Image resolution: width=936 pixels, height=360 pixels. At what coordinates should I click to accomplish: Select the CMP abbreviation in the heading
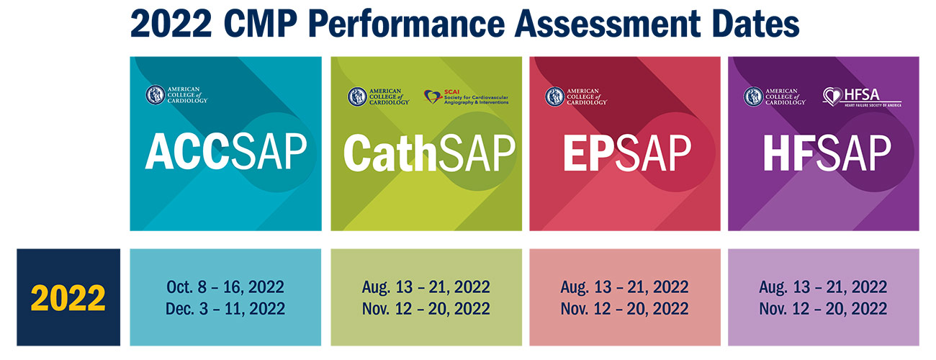click(261, 24)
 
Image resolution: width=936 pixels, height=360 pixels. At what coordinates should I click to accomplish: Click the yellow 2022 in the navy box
click(68, 298)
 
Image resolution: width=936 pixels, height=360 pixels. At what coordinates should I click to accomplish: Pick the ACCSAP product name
click(226, 152)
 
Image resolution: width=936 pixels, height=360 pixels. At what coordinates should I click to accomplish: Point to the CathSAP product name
click(429, 153)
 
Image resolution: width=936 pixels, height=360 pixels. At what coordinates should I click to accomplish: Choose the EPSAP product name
click(627, 153)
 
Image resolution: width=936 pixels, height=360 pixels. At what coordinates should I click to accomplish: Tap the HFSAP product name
click(827, 153)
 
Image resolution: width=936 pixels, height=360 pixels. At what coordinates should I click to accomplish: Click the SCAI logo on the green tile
click(466, 97)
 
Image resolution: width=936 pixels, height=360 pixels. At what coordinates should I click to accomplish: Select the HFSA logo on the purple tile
click(862, 97)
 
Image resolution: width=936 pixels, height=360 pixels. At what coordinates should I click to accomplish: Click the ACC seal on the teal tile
click(155, 95)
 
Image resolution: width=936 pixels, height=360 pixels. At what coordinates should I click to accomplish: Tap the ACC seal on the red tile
click(555, 96)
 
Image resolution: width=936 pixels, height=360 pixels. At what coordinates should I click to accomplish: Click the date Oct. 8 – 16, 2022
click(225, 287)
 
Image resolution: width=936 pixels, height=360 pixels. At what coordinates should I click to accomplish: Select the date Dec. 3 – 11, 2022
click(225, 309)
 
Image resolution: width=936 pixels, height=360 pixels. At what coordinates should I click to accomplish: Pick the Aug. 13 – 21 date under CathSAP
click(426, 287)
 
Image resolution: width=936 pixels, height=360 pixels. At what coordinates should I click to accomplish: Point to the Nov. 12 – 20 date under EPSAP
click(624, 309)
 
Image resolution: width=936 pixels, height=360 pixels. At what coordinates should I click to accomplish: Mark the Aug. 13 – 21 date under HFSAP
click(823, 287)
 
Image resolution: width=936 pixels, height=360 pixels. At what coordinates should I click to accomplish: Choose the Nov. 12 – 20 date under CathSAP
click(426, 309)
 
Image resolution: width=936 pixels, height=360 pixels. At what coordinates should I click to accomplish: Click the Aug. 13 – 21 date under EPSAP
click(624, 287)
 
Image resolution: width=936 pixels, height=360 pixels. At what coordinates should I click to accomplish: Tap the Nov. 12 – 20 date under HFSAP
click(823, 309)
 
